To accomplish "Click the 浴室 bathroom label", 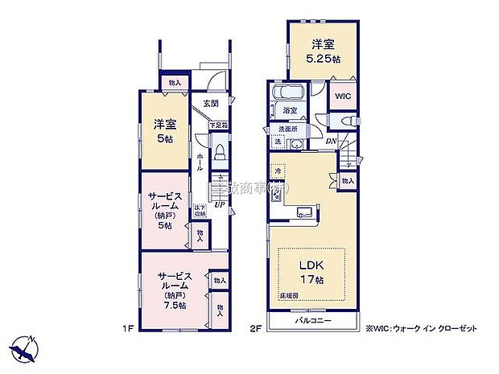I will tap(290, 109).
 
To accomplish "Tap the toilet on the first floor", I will tap(217, 153).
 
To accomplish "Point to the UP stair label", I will tap(218, 204).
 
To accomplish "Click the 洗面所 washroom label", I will tap(287, 129).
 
